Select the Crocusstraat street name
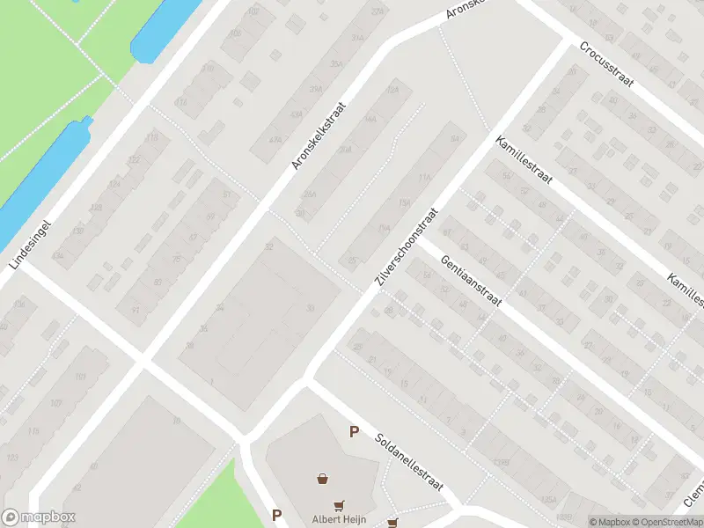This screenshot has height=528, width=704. pos(608,66)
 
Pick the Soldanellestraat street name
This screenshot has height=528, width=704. pos(409,464)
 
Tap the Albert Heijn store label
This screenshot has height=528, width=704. pos(338,518)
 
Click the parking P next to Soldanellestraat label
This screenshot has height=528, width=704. pos(354,431)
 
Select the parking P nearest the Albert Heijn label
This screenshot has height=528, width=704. pos(276,516)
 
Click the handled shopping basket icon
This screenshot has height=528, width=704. pos(324,479)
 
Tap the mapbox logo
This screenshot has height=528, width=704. pos(39,517)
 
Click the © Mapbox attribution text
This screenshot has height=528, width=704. pos(610,521)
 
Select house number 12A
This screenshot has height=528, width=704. pos(392,91)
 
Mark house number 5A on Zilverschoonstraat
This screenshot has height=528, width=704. pos(454,139)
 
